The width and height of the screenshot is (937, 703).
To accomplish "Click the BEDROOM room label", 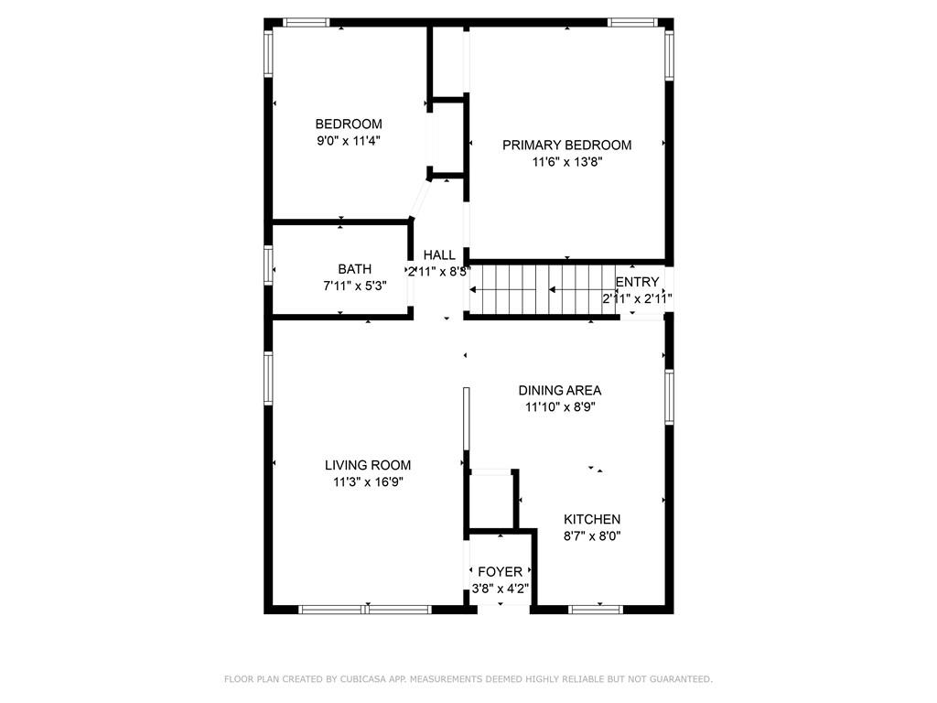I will point(349,124).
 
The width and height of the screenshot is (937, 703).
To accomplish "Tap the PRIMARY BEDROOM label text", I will point(566,145).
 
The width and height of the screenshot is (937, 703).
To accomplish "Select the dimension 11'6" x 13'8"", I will point(566,162).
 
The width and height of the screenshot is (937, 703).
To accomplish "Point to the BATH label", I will point(354,269).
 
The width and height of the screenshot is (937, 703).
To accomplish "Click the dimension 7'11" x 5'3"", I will point(354,285).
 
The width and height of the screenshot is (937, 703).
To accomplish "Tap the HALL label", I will point(439,255).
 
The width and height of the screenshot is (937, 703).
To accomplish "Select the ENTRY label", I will point(637,282).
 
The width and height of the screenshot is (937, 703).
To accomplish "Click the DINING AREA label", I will point(559,390).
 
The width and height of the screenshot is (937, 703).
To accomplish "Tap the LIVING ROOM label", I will point(367,465).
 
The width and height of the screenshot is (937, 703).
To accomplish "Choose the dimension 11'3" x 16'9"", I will point(367,481).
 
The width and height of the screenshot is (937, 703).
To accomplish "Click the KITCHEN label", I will point(592,519).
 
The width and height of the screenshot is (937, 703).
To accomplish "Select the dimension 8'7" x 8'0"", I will point(592,536).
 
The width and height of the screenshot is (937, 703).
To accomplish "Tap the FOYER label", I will point(500,572).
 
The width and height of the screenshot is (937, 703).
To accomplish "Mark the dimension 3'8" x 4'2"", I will point(500,589).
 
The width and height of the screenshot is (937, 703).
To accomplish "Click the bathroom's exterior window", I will point(269,264).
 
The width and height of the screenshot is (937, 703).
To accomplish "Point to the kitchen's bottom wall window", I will point(596,609).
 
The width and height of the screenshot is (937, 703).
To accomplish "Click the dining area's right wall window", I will point(669,397).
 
